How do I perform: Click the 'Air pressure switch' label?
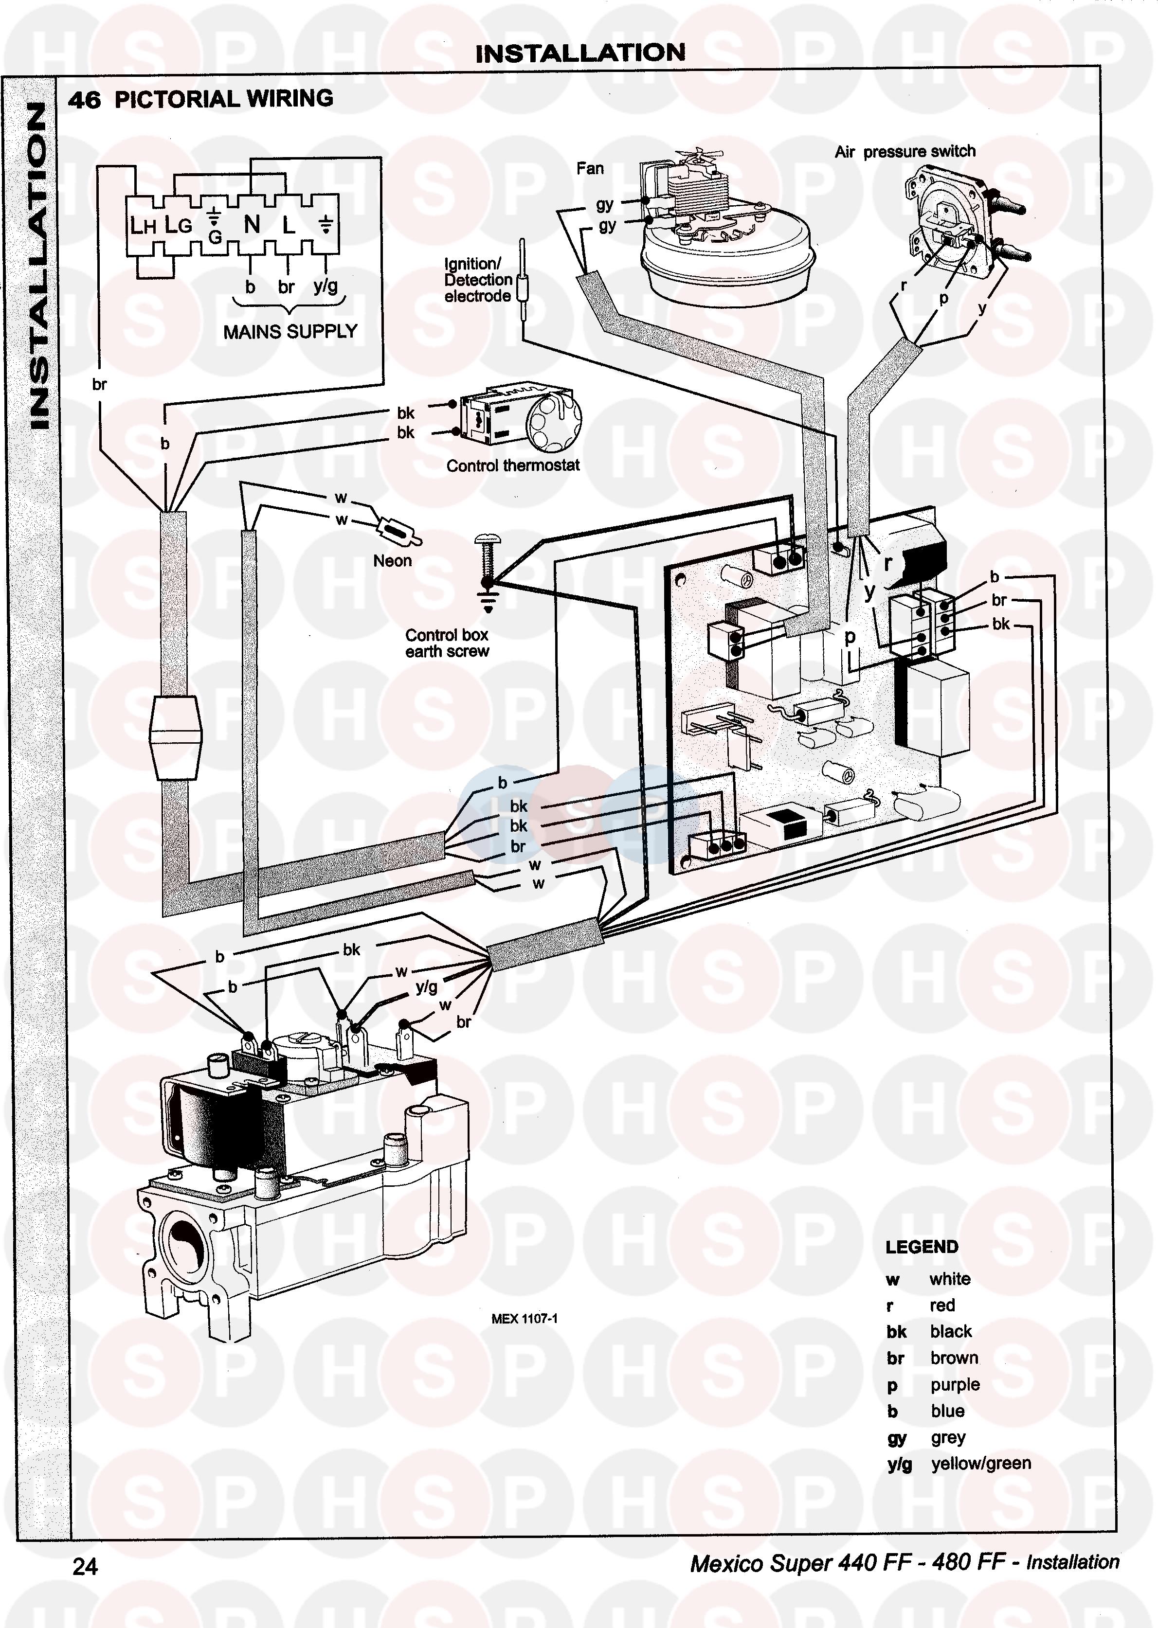(x=905, y=151)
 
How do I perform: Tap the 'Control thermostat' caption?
(x=513, y=465)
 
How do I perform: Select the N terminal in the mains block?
(x=252, y=225)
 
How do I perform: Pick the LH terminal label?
(x=143, y=226)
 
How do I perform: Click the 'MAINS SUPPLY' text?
(x=289, y=331)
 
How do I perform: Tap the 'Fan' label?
(x=590, y=169)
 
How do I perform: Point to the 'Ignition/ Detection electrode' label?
(x=478, y=280)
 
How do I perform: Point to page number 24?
(x=85, y=1566)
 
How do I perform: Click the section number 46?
(x=84, y=100)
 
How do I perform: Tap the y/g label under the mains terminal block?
(x=325, y=286)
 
